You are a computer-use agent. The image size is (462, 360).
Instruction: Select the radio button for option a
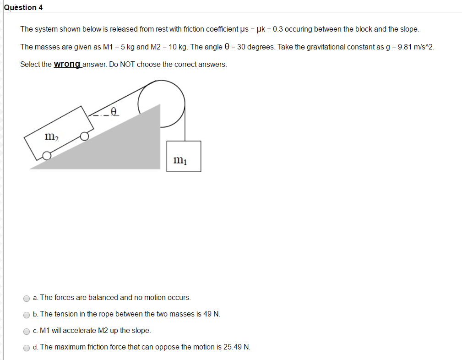(27, 298)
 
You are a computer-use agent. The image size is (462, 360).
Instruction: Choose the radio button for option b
(27, 315)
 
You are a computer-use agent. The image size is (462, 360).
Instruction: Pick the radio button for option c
(27, 331)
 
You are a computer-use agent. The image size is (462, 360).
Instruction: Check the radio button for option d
(27, 348)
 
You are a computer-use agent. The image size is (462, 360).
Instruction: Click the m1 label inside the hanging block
(180, 160)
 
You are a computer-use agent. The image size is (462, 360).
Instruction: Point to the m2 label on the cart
(51, 136)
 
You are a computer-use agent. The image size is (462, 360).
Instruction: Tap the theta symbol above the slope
(114, 111)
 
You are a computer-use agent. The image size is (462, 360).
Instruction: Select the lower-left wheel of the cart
(47, 156)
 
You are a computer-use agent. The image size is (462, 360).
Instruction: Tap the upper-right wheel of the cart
(84, 136)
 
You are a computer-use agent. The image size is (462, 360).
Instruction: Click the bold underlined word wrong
(67, 64)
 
